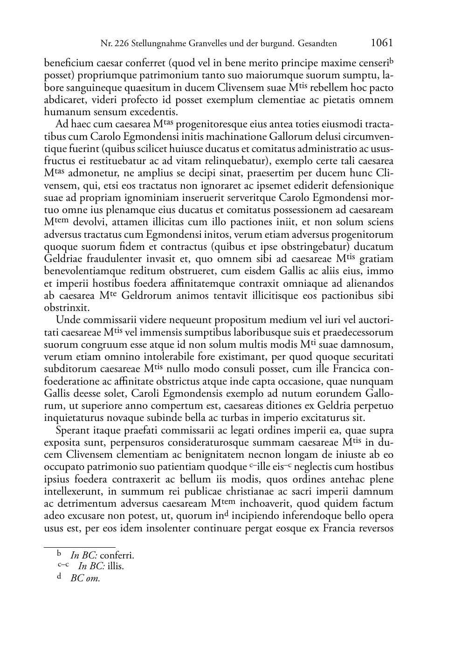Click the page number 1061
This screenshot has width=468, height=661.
(x=382, y=43)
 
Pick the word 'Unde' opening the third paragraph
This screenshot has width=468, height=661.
(x=68, y=320)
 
